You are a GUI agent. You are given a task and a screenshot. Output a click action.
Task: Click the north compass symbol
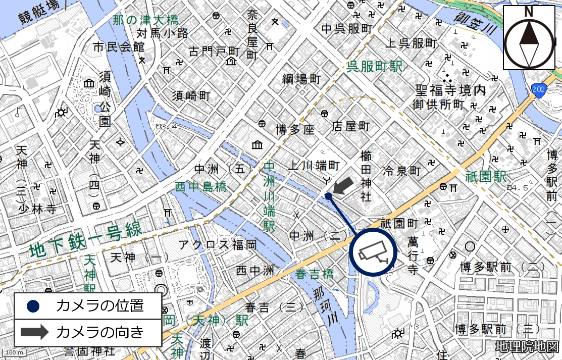coord(529,38)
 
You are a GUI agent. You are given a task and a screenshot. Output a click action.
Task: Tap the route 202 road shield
coord(539,90)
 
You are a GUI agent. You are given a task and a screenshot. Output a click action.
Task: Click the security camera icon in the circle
coord(374,252)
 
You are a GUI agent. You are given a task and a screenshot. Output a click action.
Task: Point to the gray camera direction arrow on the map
coord(345,185)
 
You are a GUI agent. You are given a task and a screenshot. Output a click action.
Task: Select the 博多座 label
coord(295,130)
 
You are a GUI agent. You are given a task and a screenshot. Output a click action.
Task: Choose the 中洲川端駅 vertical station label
coord(270,196)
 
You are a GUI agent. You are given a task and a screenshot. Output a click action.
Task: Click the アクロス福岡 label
coord(218,245)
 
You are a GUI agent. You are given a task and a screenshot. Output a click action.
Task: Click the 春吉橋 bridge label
coord(315,274)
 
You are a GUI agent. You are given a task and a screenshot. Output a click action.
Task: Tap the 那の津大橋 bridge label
coord(145,21)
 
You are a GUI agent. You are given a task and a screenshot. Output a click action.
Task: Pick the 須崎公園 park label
coord(105,99)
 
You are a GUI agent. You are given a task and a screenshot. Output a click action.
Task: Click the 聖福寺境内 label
coord(450,91)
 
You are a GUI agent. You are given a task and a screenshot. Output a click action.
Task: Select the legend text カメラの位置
coord(100,305)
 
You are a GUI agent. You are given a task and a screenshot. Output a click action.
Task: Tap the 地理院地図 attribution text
coord(527,347)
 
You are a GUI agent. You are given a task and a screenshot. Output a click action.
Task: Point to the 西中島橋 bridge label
coord(200,187)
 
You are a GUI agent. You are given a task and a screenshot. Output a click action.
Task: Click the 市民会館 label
coord(119,47)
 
